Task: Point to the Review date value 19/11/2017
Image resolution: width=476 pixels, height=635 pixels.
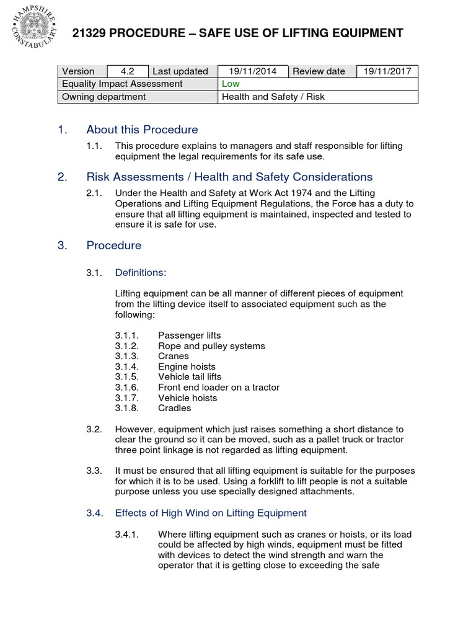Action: (x=387, y=71)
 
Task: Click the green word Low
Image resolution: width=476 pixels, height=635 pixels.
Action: (x=231, y=84)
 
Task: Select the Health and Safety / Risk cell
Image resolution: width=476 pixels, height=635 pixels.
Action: (x=273, y=97)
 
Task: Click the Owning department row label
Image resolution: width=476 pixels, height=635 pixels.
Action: (x=104, y=97)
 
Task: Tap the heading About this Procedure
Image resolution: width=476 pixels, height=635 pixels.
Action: (x=142, y=130)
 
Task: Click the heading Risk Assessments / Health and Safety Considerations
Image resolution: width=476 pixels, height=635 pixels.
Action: (x=229, y=177)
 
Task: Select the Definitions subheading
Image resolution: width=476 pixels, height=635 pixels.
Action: (x=141, y=272)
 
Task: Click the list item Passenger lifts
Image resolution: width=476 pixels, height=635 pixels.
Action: (x=189, y=335)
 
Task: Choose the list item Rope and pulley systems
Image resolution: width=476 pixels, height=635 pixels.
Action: (x=211, y=346)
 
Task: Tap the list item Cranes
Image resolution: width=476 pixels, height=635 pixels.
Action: (x=174, y=356)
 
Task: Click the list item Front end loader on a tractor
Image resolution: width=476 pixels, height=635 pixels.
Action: (x=219, y=387)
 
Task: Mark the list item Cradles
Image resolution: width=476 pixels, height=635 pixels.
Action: (x=175, y=408)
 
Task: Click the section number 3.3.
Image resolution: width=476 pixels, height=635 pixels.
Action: (x=94, y=471)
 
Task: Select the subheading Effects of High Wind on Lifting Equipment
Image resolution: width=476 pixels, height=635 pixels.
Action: (x=211, y=513)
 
